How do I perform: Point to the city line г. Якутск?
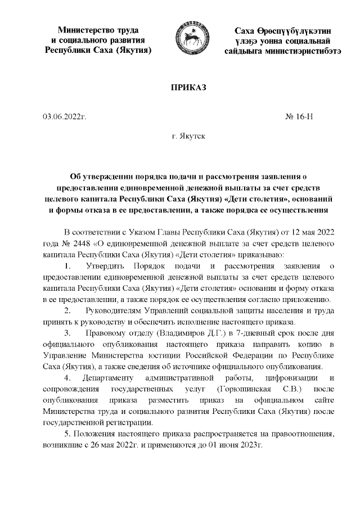[188, 137]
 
